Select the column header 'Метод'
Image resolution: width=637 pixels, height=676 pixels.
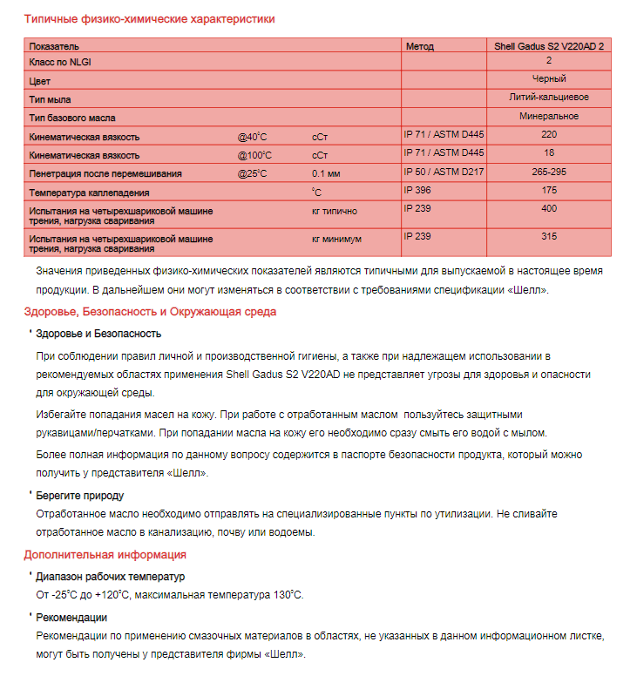click(x=419, y=45)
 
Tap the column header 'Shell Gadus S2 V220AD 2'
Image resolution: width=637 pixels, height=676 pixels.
click(x=548, y=45)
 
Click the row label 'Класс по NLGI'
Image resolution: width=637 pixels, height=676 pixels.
click(x=60, y=62)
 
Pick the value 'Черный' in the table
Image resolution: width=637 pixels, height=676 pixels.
click(x=549, y=79)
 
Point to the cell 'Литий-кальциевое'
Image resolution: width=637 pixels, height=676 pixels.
click(x=549, y=98)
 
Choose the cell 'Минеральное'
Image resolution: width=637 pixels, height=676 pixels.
click(x=549, y=116)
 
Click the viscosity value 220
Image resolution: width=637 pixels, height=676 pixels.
click(x=549, y=135)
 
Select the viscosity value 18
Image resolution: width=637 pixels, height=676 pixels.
click(x=549, y=153)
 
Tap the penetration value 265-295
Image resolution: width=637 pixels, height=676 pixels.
click(x=549, y=172)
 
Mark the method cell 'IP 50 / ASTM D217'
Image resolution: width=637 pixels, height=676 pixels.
click(x=444, y=172)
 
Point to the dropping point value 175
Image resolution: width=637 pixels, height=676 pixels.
click(x=549, y=190)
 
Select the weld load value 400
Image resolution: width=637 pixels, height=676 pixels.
click(x=549, y=208)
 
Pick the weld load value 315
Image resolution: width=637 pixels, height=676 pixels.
click(x=549, y=236)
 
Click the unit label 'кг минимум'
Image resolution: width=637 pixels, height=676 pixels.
click(x=336, y=239)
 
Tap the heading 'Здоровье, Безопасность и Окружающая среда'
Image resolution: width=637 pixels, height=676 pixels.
click(x=150, y=311)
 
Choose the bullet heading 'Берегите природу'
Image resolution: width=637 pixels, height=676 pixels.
click(x=79, y=495)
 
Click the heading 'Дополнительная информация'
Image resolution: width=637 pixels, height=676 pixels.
click(x=105, y=554)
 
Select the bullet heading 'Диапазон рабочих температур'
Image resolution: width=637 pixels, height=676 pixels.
click(x=110, y=577)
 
